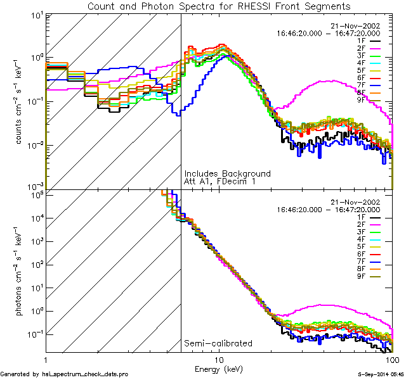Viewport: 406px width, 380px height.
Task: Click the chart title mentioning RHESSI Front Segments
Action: coord(218,6)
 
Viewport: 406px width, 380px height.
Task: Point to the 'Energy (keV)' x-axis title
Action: coord(219,369)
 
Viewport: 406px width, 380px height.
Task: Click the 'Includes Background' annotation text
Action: coord(227,174)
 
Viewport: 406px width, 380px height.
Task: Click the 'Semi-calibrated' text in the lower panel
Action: coord(218,343)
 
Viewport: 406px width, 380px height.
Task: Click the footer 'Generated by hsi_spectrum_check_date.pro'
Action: coord(64,374)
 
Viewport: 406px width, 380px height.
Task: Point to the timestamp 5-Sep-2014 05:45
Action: coord(376,374)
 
